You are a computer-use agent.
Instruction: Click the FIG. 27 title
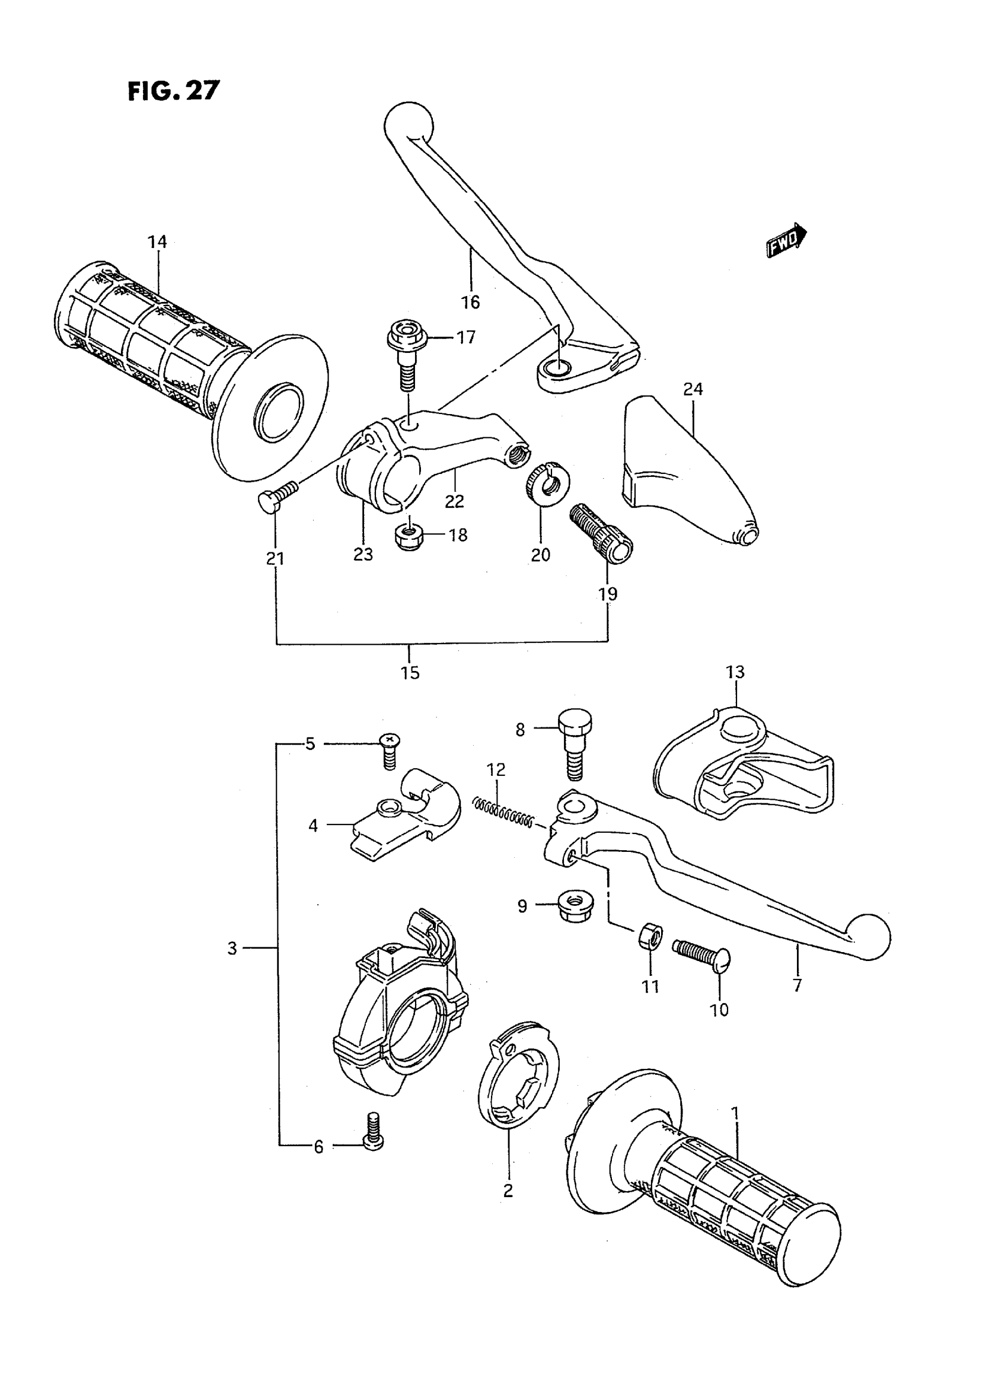point(173,91)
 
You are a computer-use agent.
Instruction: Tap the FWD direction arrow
point(786,240)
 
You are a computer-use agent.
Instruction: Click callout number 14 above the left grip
point(157,243)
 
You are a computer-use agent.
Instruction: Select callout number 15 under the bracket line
point(410,673)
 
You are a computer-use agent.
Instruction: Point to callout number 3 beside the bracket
point(232,948)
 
